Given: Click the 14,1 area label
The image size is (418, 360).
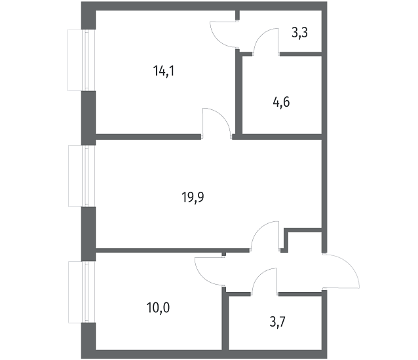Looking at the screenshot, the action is click(x=164, y=71).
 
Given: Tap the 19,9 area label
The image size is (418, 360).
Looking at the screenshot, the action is click(x=193, y=198).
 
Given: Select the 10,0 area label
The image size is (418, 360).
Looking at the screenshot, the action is click(x=158, y=308).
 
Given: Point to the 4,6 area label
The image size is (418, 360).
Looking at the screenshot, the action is click(x=281, y=102).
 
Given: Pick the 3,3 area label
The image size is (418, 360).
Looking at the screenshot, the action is click(x=299, y=33).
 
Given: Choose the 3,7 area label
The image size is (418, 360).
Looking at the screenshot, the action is click(x=278, y=322).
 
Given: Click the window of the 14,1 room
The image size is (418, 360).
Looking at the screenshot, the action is click(x=81, y=60).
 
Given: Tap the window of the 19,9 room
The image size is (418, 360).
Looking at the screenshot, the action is click(x=82, y=175).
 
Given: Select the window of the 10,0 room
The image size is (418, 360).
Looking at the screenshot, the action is click(x=82, y=292).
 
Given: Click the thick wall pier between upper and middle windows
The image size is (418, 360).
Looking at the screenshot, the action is click(x=88, y=118).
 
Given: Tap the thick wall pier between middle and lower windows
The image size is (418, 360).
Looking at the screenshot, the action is click(x=88, y=234).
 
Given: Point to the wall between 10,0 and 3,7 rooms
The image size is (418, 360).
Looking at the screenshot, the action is click(x=225, y=319).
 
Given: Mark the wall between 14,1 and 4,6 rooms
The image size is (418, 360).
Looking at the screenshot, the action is click(x=238, y=93).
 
